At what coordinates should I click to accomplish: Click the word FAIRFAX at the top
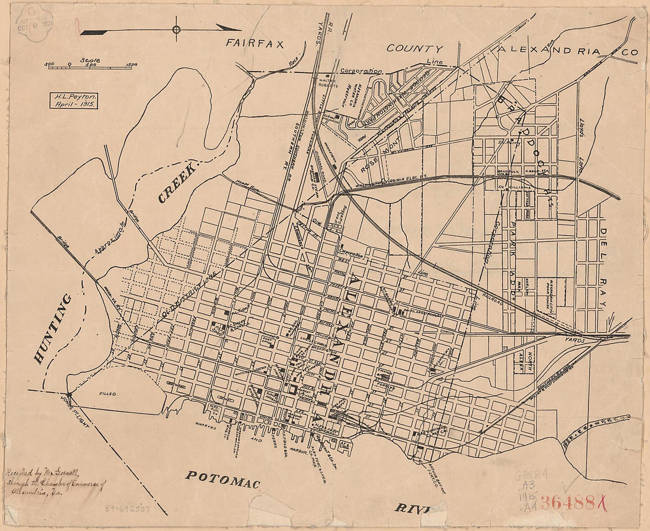pos(255,43)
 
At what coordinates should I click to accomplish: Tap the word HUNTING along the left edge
pos(53,328)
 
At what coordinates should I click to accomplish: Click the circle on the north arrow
pos(176,29)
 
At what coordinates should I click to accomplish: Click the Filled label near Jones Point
pos(109,393)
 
